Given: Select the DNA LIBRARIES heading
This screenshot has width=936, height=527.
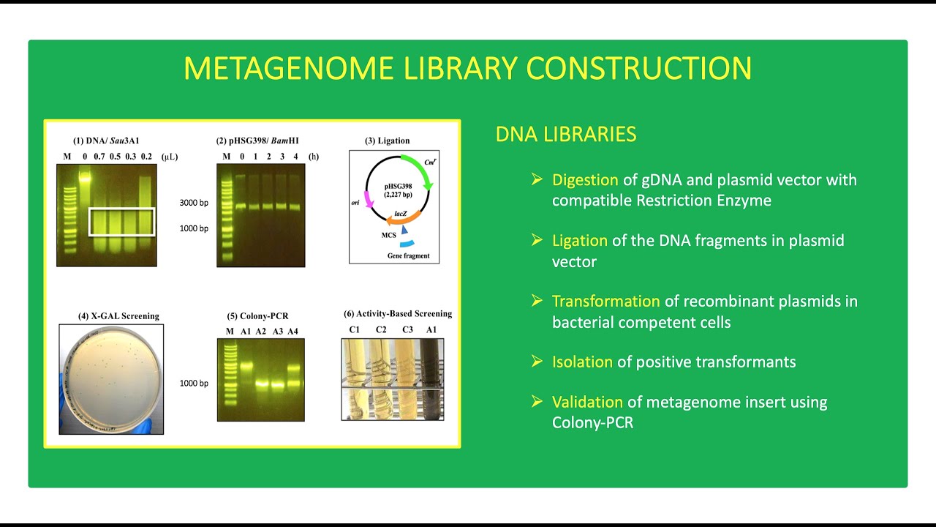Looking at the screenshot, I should [x=565, y=135].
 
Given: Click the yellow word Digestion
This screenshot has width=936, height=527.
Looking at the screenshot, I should [x=586, y=180].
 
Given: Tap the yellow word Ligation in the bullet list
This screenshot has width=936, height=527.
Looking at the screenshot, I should [x=579, y=241].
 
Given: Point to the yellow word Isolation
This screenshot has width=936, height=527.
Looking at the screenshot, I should [x=582, y=362].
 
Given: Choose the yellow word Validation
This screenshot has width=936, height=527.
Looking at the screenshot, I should [x=587, y=402].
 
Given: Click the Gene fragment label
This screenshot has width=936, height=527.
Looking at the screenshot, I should [x=409, y=256].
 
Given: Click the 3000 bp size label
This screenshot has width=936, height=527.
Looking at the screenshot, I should [x=194, y=203].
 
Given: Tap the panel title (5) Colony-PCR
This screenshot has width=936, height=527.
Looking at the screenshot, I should [x=259, y=316].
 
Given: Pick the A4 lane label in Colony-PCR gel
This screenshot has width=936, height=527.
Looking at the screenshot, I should [x=292, y=332].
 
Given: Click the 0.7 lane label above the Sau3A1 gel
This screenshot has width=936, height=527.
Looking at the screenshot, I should [x=99, y=157].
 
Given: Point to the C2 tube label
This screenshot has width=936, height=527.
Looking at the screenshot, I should [x=381, y=329].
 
